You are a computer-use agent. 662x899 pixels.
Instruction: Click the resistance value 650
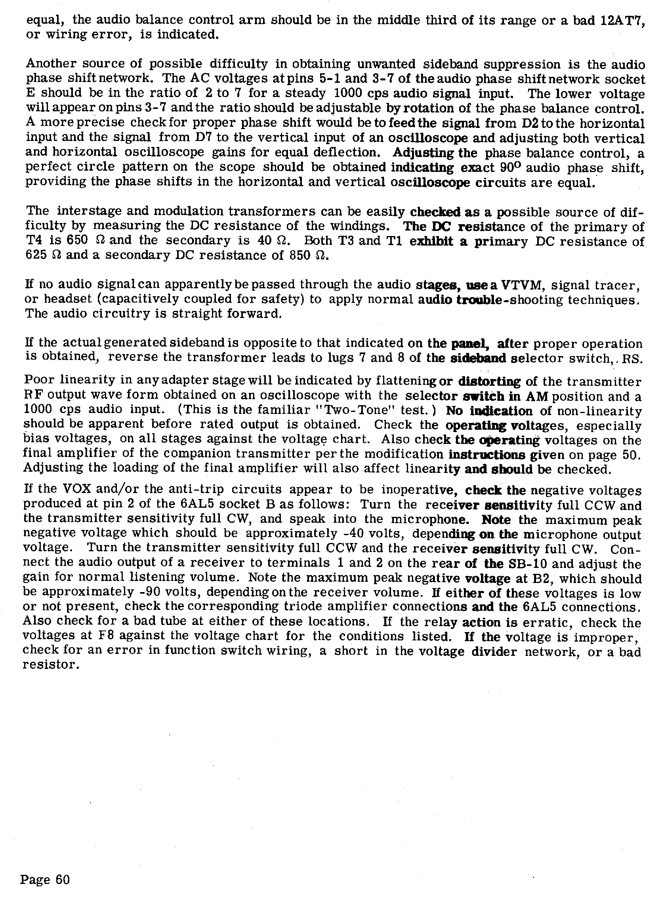tap(75, 241)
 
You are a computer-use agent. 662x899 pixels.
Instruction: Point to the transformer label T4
tap(34, 241)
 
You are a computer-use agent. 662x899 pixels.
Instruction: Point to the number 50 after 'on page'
tap(632, 455)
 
